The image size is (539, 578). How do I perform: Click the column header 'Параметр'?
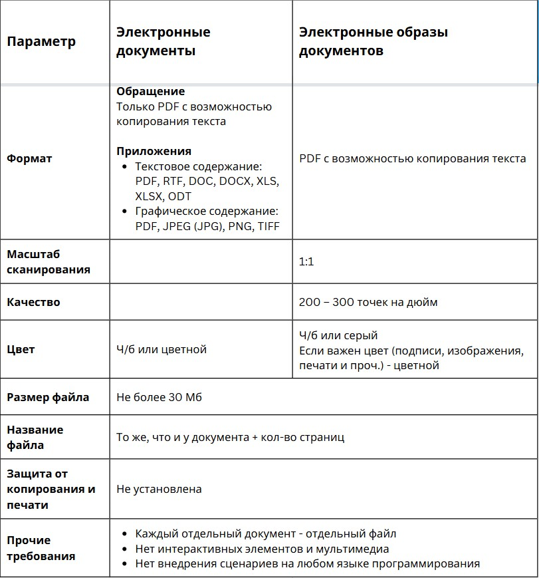click(x=41, y=41)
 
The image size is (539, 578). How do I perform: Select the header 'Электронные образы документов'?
click(x=373, y=41)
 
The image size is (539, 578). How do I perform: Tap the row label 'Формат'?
click(x=29, y=158)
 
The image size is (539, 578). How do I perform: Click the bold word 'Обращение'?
click(x=151, y=91)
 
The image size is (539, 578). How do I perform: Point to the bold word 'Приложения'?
click(x=154, y=151)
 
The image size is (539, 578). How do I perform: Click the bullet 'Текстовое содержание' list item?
click(x=199, y=166)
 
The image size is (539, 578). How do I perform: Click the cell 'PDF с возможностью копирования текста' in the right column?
click(x=412, y=158)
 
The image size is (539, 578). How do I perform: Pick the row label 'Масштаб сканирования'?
click(x=49, y=262)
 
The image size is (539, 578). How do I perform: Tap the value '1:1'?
click(x=306, y=262)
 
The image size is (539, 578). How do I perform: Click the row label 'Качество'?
click(x=33, y=302)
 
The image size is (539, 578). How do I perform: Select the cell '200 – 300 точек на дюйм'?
click(x=368, y=302)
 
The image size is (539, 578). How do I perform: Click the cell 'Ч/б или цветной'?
click(x=162, y=349)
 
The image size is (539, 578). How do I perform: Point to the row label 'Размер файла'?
click(x=48, y=398)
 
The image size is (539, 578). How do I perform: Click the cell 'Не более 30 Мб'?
click(x=159, y=398)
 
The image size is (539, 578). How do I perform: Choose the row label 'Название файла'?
click(x=35, y=437)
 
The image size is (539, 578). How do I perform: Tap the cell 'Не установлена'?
click(x=159, y=489)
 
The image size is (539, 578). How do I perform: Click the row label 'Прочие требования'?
click(x=41, y=548)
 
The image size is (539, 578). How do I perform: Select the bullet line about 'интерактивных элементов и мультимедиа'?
click(x=262, y=549)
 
